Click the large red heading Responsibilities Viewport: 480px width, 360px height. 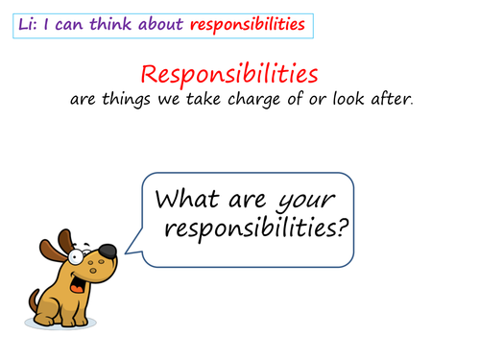click(x=230, y=73)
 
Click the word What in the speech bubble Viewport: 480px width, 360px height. click(x=191, y=200)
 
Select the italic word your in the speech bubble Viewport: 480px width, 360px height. click(x=304, y=200)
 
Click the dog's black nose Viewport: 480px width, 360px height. click(x=108, y=252)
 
